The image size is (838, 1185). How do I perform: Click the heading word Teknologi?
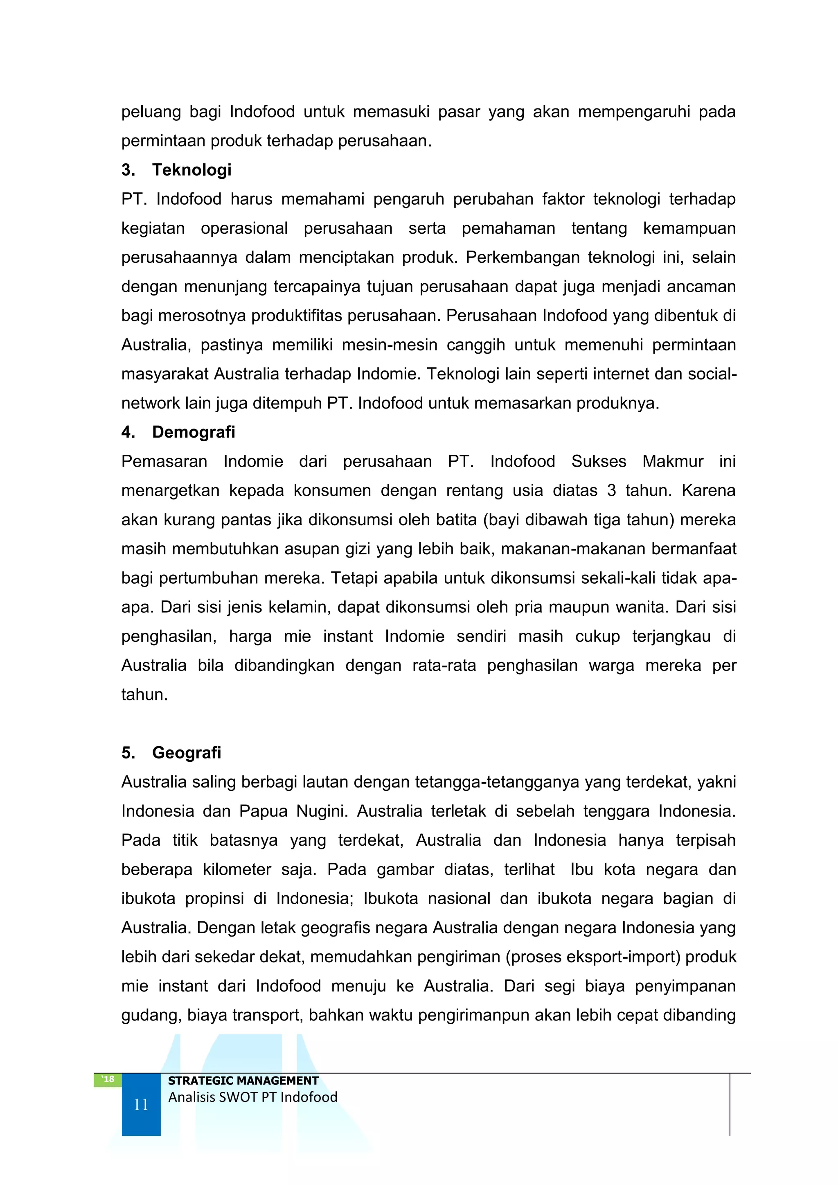(x=191, y=170)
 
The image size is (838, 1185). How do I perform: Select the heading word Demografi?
(x=194, y=432)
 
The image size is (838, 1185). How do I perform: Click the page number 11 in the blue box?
(x=141, y=1104)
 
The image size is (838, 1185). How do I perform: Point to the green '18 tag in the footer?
(x=107, y=1079)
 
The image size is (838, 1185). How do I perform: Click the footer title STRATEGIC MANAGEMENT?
(x=243, y=1080)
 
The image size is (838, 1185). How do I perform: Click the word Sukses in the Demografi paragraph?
(x=599, y=461)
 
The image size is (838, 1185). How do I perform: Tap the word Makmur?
(x=672, y=461)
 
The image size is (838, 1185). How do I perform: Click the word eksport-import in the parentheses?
(x=620, y=956)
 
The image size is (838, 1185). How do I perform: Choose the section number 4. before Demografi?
(x=128, y=432)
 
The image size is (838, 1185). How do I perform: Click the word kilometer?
(x=237, y=869)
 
